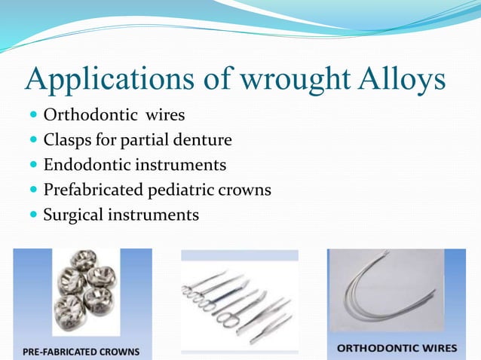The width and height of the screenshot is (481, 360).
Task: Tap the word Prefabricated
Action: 95,190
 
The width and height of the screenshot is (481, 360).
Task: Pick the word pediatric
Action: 183,190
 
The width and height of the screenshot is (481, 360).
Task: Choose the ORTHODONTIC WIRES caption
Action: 397,348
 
